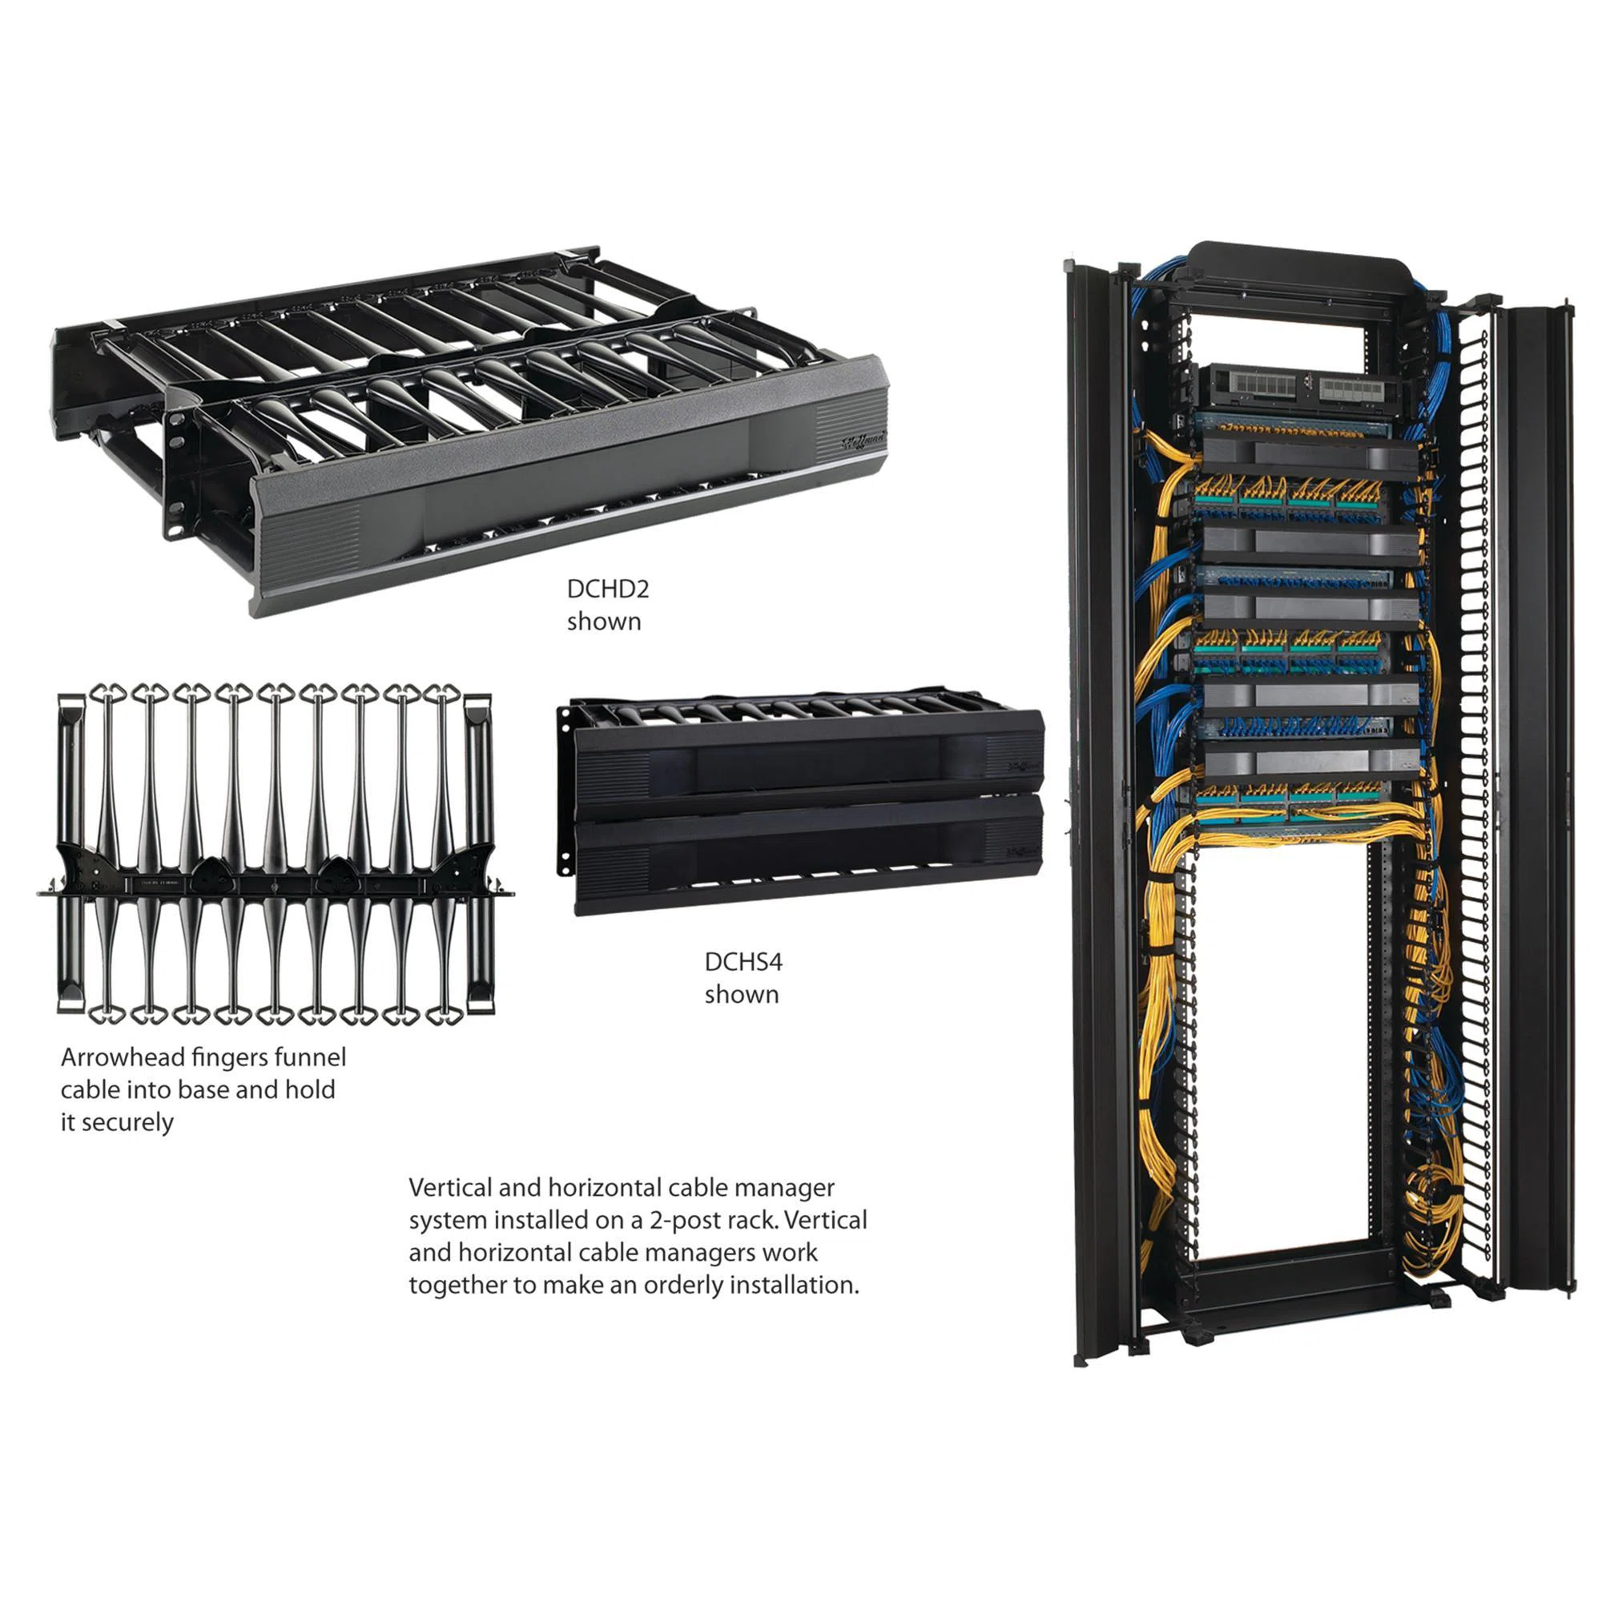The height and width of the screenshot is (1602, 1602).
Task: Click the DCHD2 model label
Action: point(608,589)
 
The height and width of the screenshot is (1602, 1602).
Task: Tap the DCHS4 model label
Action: point(744,962)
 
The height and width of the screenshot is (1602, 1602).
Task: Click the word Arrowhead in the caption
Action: point(123,1057)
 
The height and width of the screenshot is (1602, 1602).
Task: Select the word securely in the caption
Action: point(127,1123)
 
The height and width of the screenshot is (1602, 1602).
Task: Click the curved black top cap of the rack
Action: point(1300,270)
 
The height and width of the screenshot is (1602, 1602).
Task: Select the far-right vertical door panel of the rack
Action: point(1539,796)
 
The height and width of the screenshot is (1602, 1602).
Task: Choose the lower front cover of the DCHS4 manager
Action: point(808,854)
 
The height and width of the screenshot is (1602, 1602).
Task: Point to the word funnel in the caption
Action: point(309,1057)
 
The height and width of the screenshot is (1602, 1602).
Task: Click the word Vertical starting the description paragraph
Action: point(450,1187)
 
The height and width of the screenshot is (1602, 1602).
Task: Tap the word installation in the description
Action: point(799,1286)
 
